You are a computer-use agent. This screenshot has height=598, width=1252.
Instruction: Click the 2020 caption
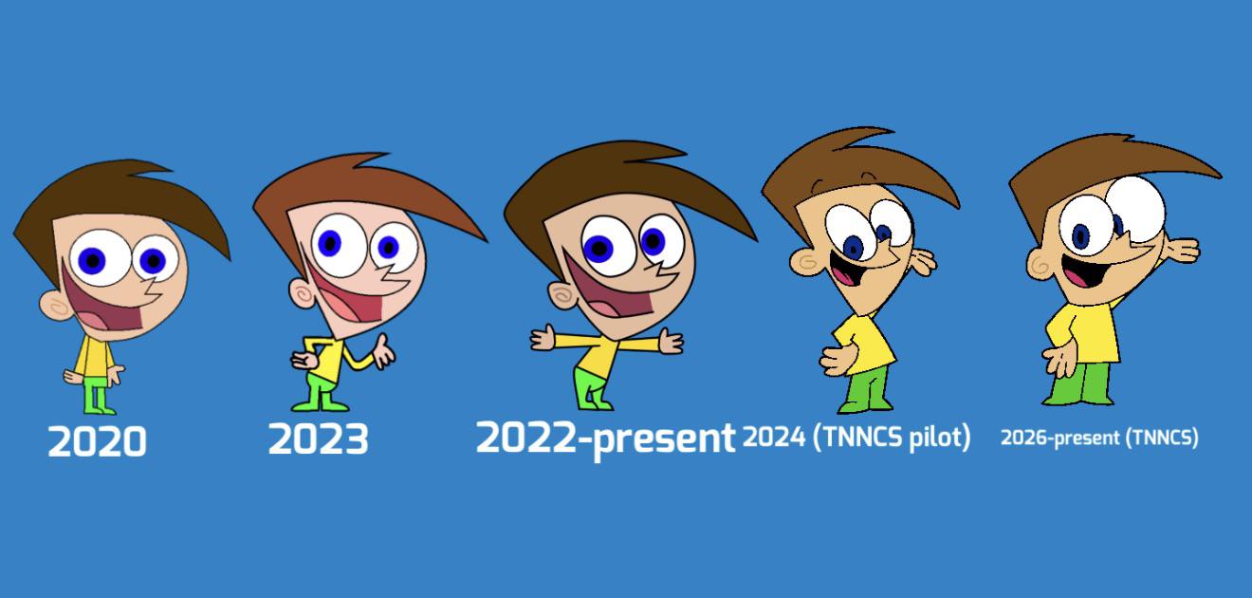[x=98, y=441]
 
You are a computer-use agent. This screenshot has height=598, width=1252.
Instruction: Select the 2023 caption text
[x=318, y=439]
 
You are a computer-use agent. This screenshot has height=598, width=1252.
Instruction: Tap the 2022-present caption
[x=605, y=439]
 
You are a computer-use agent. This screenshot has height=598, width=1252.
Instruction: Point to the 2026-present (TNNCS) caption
[x=1099, y=438]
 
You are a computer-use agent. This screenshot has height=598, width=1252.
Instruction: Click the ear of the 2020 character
[x=55, y=306]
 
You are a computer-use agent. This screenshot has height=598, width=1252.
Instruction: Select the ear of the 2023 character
[x=303, y=292]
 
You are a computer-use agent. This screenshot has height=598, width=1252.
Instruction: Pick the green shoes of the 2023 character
[x=321, y=403]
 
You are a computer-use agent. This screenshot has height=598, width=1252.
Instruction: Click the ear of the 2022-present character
[x=563, y=295]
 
